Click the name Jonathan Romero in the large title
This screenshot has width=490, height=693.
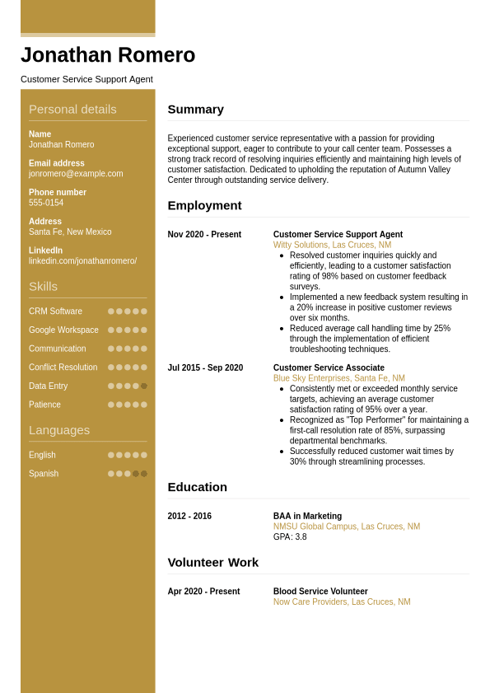108,55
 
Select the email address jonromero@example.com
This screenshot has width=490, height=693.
76,174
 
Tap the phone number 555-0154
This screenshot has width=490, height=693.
46,203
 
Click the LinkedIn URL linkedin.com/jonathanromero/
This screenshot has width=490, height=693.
82,261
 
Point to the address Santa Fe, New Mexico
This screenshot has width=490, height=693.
70,232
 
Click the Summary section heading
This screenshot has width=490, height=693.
196,110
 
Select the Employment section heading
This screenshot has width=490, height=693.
204,206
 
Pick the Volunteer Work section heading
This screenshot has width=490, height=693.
212,563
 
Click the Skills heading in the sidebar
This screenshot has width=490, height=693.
43,287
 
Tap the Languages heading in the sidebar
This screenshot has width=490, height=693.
59,430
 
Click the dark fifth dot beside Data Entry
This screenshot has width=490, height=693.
144,386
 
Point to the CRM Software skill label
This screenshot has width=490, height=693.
55,311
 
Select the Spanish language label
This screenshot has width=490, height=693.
44,474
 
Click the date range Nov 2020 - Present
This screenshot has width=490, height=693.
204,235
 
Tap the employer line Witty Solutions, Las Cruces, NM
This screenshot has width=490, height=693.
332,246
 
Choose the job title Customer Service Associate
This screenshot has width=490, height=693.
329,368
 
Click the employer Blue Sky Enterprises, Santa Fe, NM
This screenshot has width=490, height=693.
338,379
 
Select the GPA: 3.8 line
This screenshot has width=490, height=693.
290,537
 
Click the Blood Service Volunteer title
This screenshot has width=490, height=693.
320,592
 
